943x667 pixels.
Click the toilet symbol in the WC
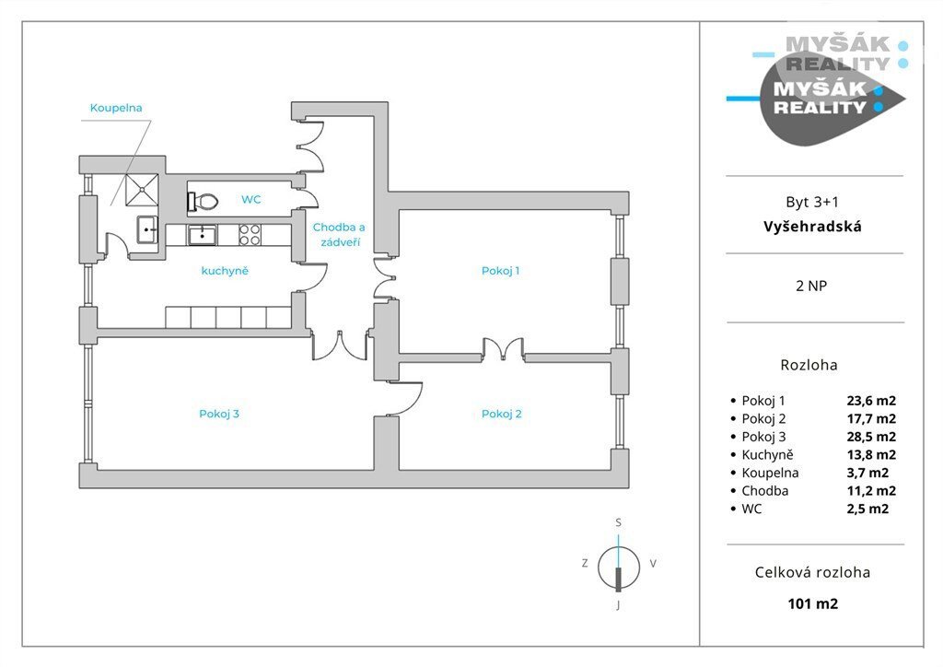tap(203, 201)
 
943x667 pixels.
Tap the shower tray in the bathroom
tap(142, 190)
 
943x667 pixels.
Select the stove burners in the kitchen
tap(250, 235)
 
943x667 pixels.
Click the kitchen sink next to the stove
tap(202, 235)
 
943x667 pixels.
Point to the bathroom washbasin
tap(147, 229)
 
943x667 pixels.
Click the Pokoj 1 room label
tap(500, 271)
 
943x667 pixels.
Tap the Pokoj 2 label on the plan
tap(502, 414)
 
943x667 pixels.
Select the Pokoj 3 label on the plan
tap(219, 414)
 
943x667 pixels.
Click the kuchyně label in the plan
tap(225, 271)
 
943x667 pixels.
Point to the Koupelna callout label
tap(116, 109)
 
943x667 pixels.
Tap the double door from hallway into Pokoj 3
tap(340, 345)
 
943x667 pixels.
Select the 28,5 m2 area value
tap(871, 437)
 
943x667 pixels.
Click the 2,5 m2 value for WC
tap(867, 509)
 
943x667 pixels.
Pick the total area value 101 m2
tap(812, 603)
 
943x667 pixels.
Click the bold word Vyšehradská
tap(812, 227)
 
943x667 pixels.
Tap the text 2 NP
tap(811, 286)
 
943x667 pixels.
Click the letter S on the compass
tap(618, 522)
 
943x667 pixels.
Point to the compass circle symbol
tap(618, 568)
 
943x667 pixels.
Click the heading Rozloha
tap(809, 365)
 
